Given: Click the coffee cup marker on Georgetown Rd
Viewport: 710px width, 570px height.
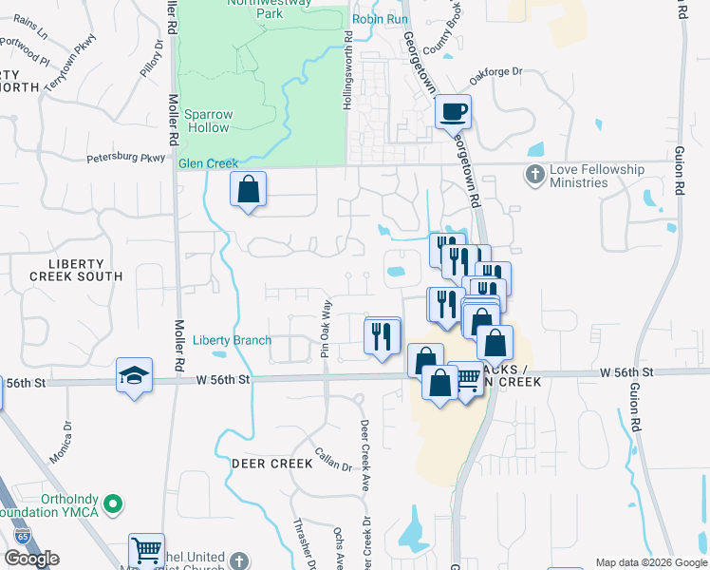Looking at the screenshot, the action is point(453,111).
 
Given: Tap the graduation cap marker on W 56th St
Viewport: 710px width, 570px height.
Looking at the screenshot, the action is point(134,374).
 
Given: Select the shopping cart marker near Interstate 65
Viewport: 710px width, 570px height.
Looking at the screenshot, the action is point(146,549).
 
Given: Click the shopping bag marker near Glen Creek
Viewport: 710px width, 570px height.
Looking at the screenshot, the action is point(247,187).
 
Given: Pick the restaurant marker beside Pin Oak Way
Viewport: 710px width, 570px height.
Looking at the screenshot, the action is point(382,335).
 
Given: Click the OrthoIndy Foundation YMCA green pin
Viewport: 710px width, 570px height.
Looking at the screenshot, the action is point(113,503).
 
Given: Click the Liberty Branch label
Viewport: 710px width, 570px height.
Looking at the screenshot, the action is point(232,340).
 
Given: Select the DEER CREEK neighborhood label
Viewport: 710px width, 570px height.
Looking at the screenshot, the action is point(271,463).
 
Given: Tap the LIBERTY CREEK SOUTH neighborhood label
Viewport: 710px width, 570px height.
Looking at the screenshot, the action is point(76,268).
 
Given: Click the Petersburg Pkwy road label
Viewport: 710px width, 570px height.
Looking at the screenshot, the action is point(126,158).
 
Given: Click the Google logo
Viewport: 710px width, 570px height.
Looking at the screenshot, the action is point(31,559).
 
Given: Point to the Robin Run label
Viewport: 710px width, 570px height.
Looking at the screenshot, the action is point(379,19).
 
